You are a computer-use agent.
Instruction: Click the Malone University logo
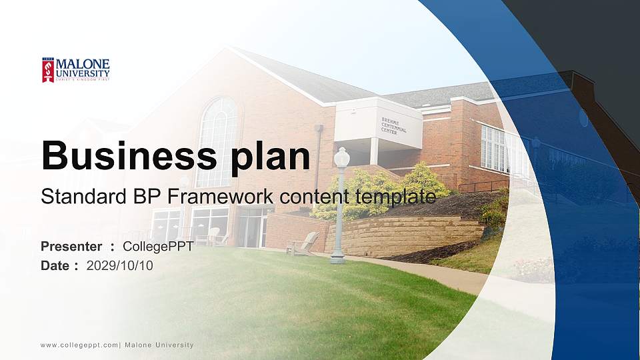tap(75, 69)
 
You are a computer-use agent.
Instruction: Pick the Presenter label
tap(71, 247)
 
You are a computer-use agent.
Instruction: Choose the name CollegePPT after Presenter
tap(159, 247)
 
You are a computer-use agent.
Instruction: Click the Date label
tap(55, 266)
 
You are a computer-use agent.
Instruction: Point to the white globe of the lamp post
tap(341, 157)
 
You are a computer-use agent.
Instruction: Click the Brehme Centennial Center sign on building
tap(393, 126)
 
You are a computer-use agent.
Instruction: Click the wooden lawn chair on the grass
tap(303, 244)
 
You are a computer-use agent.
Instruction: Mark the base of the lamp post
tap(337, 257)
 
